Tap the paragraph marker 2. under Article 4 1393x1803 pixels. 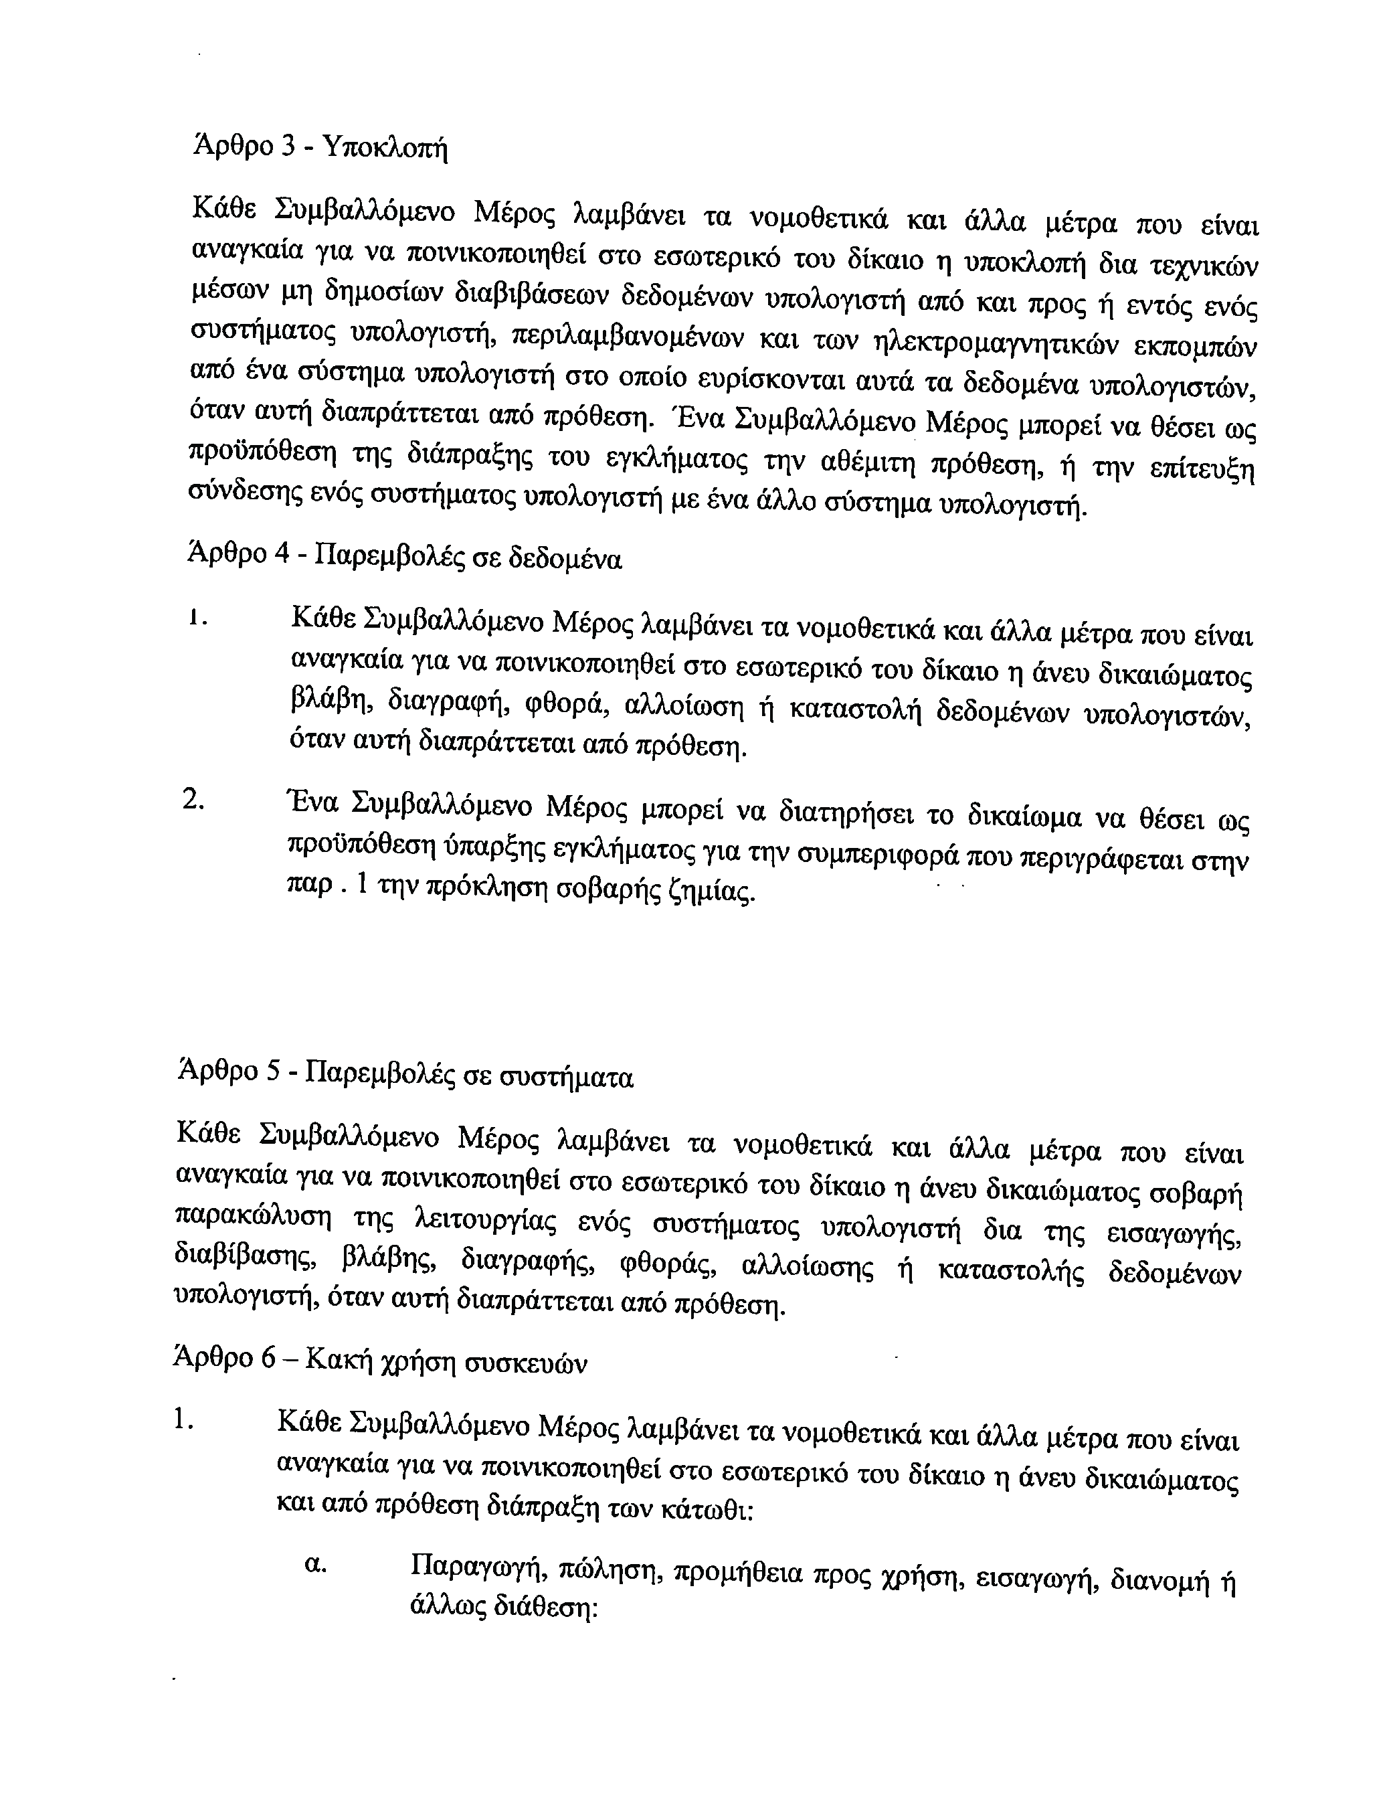[x=193, y=800]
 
